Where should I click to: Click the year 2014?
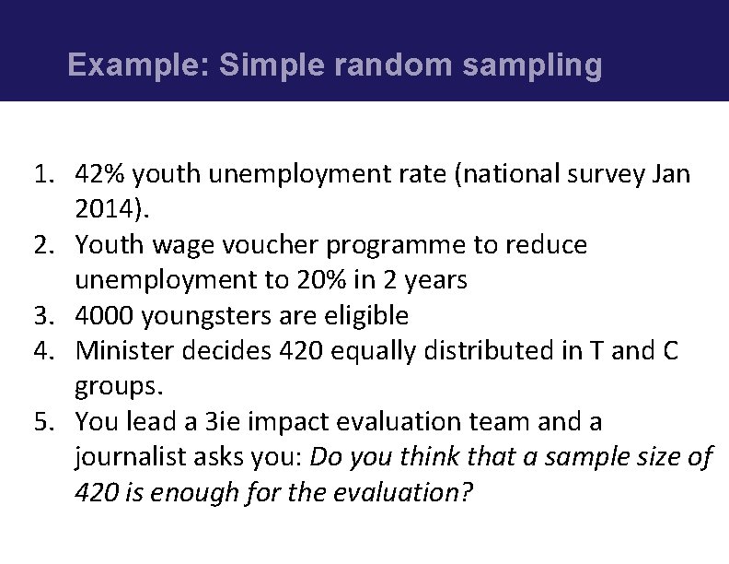click(x=105, y=209)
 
